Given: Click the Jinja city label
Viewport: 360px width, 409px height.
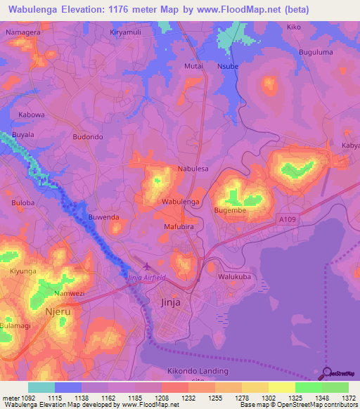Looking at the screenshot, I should (x=166, y=302).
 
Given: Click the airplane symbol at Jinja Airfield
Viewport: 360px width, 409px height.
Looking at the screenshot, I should (x=146, y=266).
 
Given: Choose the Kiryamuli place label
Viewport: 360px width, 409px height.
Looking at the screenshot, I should (x=130, y=33).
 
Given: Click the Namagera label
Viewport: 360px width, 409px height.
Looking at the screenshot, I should (x=22, y=33).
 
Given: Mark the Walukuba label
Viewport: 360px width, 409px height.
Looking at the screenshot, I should (x=233, y=277).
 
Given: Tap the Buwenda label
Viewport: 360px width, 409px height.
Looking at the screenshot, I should (x=103, y=217).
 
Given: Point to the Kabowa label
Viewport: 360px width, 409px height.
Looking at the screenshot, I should (x=31, y=115).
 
